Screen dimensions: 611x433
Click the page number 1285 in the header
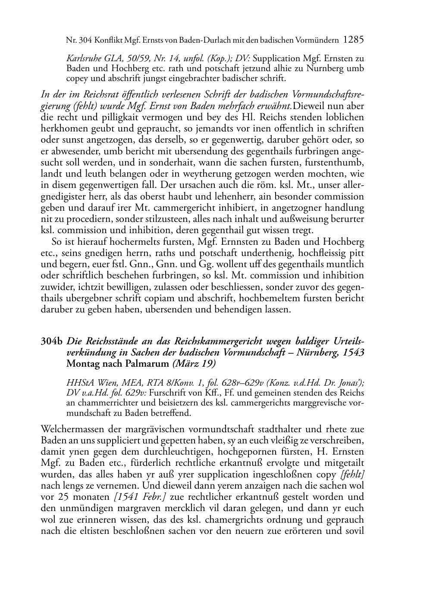(354, 40)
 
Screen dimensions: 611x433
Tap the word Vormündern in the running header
(317, 41)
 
